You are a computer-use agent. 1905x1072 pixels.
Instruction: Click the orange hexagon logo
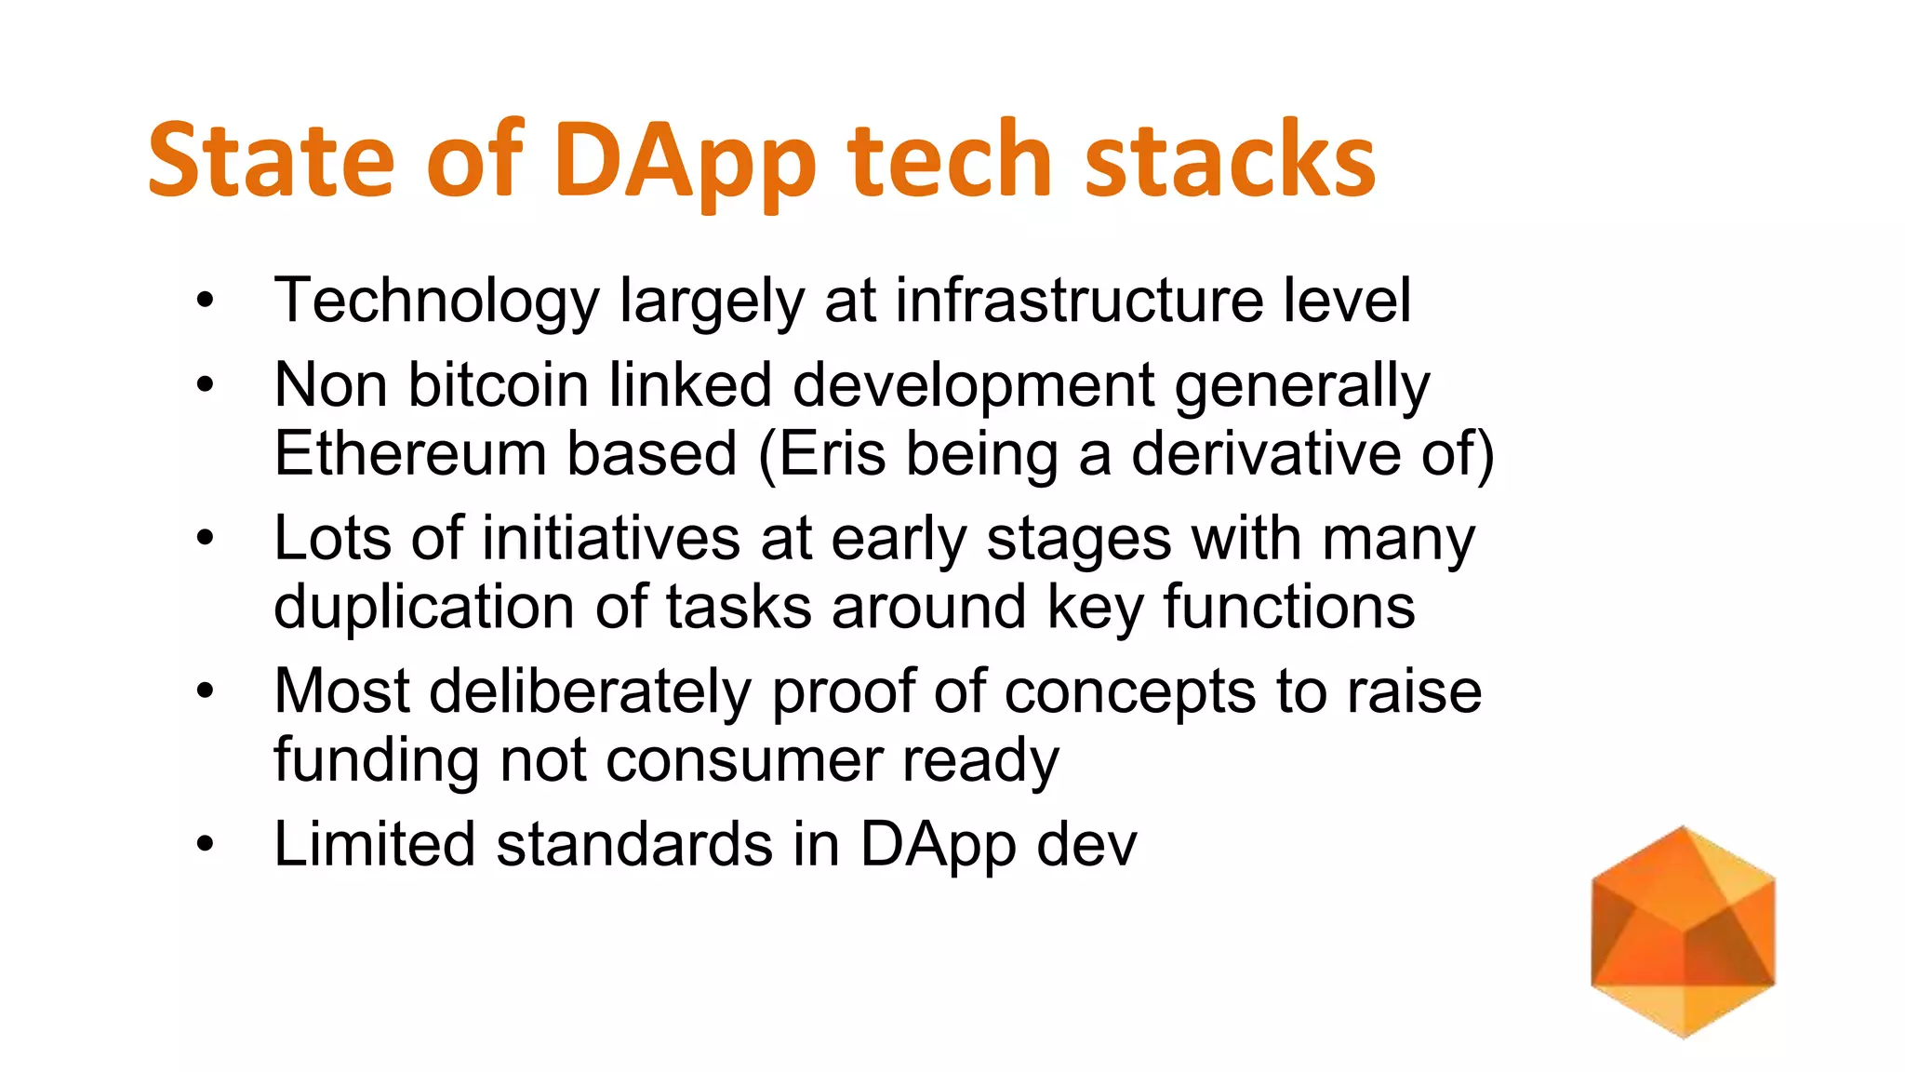click(1683, 931)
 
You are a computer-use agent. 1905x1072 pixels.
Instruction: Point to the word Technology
click(437, 301)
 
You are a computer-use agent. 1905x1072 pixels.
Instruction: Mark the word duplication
click(423, 607)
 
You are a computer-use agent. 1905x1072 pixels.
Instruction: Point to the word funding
click(376, 760)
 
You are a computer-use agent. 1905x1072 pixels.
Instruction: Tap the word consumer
click(743, 760)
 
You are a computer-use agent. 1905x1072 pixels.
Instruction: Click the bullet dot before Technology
click(206, 301)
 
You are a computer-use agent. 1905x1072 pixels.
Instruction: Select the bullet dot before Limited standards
click(206, 845)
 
